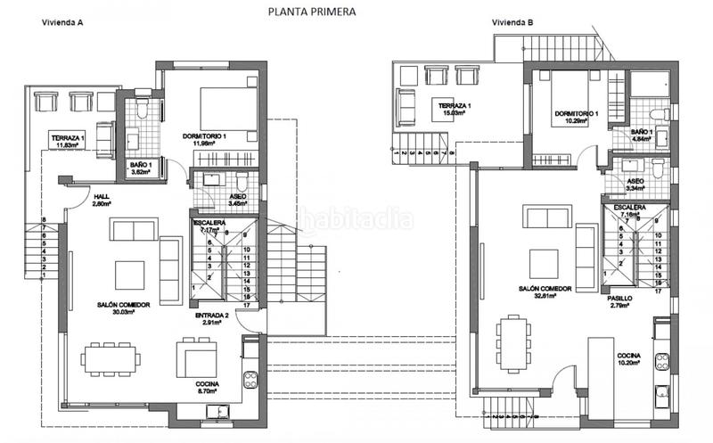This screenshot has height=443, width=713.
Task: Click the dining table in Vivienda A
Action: pyautogui.click(x=111, y=360)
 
